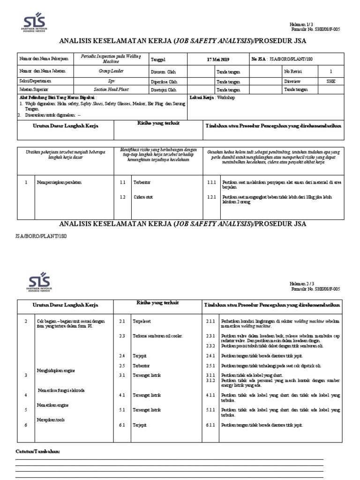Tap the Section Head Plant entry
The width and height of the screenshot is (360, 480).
point(111,89)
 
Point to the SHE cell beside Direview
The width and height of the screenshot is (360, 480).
point(331,81)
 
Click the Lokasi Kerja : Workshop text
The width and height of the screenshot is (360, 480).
point(212,97)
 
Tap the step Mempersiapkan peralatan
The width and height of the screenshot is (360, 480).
point(59,182)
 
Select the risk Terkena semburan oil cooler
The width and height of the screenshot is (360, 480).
point(157,336)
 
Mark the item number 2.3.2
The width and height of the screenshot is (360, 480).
point(210,346)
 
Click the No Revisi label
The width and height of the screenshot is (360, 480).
point(293,71)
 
